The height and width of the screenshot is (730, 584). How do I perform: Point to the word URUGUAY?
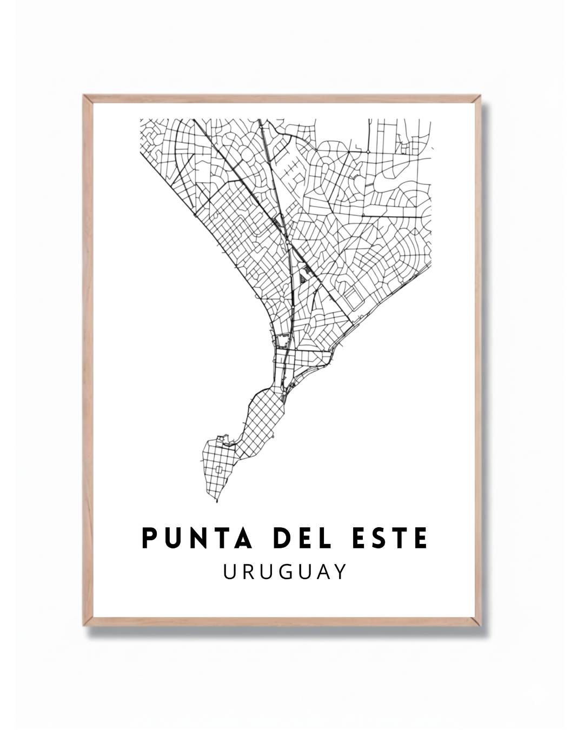(x=285, y=572)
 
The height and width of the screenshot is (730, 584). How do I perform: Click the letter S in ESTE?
(x=380, y=538)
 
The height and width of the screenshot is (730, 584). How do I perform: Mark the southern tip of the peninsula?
(x=216, y=501)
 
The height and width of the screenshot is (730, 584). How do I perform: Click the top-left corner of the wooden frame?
(x=84, y=96)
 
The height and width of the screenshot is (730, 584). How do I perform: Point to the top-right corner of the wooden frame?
(x=480, y=96)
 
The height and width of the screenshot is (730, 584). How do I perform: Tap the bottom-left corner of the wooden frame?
(x=84, y=626)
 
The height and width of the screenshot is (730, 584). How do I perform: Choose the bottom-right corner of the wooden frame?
(x=480, y=626)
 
